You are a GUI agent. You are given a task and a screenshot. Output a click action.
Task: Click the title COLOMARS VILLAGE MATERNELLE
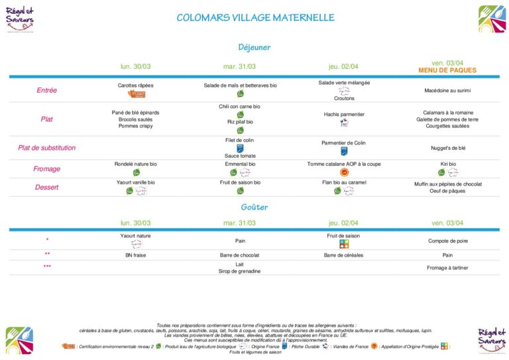[255, 18]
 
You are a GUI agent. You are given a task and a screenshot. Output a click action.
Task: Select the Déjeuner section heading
[254, 47]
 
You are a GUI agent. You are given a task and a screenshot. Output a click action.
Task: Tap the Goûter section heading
[254, 207]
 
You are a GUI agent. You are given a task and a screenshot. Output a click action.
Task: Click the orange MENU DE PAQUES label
[447, 70]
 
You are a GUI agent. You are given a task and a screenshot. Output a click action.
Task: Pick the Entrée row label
[46, 90]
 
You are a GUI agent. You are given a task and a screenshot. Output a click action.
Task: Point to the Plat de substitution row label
[46, 148]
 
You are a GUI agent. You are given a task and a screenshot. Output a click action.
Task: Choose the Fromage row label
[46, 168]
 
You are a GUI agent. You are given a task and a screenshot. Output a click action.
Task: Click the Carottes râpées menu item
[135, 86]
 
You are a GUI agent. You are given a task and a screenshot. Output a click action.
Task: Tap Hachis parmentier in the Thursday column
[344, 114]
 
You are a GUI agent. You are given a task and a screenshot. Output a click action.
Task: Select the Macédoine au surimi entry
[447, 90]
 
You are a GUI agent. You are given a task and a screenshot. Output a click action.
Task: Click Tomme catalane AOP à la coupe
[344, 164]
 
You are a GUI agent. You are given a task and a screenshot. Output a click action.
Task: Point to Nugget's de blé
[447, 148]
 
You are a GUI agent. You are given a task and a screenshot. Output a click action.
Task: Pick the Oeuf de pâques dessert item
[447, 191]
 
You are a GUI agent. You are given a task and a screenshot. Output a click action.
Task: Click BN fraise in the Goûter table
[135, 254]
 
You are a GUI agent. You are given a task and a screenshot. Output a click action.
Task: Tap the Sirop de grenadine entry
[240, 271]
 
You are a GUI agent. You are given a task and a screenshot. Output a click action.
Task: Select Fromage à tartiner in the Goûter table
[447, 267]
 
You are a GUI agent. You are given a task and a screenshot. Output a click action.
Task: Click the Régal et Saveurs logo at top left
[20, 19]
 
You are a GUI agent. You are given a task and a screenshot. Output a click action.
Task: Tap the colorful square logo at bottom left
[19, 340]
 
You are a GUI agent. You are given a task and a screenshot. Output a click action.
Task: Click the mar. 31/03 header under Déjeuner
[240, 66]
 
